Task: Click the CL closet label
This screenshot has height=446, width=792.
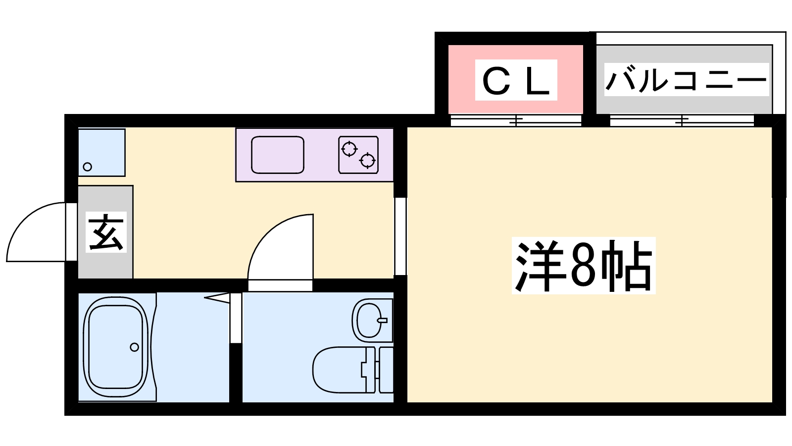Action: pos(516,80)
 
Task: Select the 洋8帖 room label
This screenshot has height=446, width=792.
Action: pos(583,266)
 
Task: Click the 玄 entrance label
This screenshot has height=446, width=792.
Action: pos(106,231)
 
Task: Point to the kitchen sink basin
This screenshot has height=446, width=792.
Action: pos(277,155)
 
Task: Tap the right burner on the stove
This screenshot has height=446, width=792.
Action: pos(367,160)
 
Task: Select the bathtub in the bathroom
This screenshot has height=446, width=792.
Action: pos(117,347)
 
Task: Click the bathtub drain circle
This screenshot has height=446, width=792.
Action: pos(134,347)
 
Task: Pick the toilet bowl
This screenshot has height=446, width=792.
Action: pos(337,369)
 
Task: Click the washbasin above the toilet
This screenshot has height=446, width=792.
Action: pos(370,320)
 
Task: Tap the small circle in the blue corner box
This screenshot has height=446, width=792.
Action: pos(88,167)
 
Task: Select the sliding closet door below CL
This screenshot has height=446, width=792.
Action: pos(516,120)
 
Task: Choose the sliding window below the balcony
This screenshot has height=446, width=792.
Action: pos(682,120)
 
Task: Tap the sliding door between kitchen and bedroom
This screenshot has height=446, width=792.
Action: pos(400,236)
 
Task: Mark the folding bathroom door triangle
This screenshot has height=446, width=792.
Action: pos(218,297)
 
